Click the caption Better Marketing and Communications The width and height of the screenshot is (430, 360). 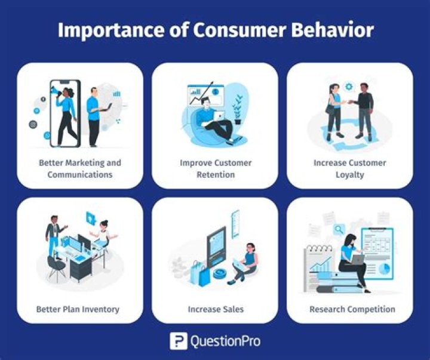[79, 168]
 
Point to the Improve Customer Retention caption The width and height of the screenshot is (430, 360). [215, 168]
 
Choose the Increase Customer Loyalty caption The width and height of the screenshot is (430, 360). [349, 168]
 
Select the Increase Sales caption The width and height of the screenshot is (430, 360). [215, 309]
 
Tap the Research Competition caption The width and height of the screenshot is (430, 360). [352, 309]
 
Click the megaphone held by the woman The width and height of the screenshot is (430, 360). [54, 93]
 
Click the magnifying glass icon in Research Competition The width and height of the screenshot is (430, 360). [339, 229]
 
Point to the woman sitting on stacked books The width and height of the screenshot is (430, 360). [352, 263]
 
